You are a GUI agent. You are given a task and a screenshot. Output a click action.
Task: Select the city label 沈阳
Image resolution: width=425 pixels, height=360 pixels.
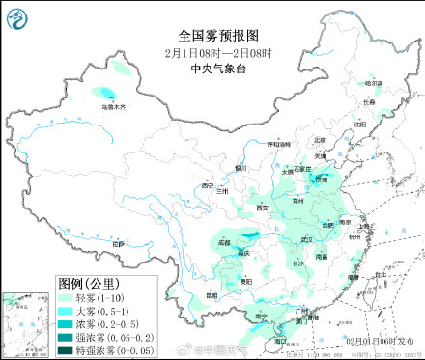click(x=360, y=124)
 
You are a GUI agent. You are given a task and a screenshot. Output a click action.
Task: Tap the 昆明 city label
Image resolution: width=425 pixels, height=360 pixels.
click(x=212, y=294)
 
